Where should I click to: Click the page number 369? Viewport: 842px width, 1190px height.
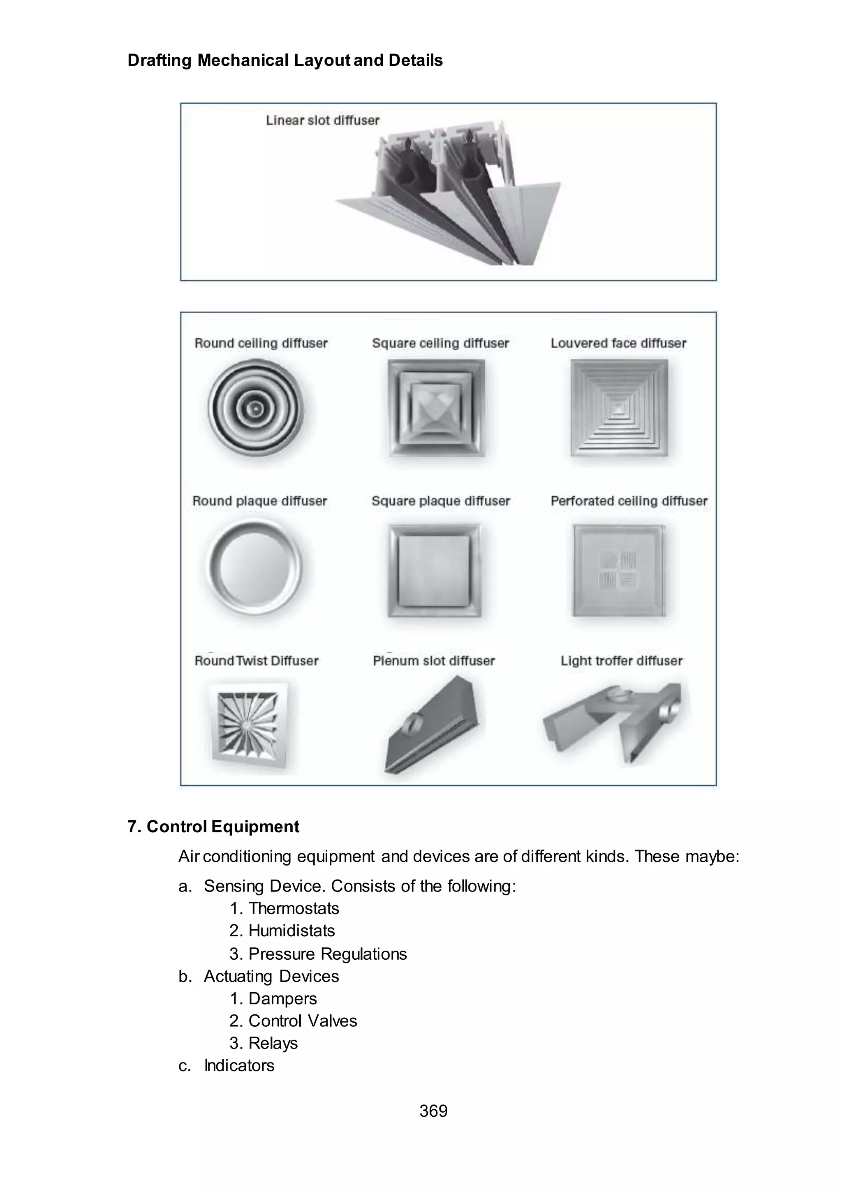[433, 1111]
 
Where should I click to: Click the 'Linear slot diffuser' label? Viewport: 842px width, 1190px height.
[322, 120]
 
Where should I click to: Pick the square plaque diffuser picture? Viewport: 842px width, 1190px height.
[435, 570]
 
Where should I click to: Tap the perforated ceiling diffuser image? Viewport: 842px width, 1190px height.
[618, 570]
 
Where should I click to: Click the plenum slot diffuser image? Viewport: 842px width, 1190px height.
[432, 726]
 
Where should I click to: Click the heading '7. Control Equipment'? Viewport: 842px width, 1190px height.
[213, 827]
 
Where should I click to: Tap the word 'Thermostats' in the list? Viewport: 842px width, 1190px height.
[294, 908]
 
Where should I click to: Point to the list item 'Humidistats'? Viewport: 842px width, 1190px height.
[291, 931]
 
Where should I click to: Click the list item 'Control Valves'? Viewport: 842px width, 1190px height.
[303, 1021]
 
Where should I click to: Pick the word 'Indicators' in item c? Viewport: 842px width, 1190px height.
[239, 1065]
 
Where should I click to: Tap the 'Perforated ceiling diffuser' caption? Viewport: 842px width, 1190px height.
[628, 501]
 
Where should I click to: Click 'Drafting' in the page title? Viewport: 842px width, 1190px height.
[160, 61]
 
